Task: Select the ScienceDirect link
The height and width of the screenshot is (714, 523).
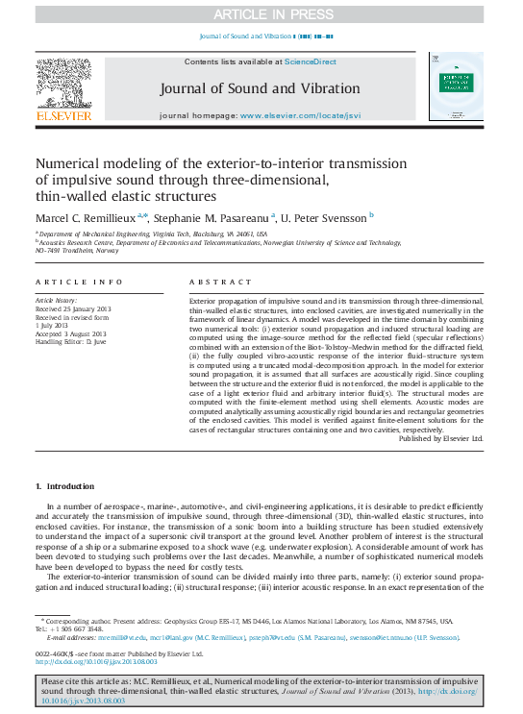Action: point(311,62)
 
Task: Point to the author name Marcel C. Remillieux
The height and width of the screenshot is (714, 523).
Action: point(85,217)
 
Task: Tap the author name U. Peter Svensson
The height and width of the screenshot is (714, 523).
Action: point(326,217)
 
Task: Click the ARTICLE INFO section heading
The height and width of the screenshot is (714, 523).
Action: point(79,282)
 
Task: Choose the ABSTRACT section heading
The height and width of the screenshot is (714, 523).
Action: point(212,282)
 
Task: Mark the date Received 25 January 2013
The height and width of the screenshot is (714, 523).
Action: point(74,309)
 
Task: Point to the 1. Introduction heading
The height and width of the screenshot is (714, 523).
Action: point(64,489)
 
